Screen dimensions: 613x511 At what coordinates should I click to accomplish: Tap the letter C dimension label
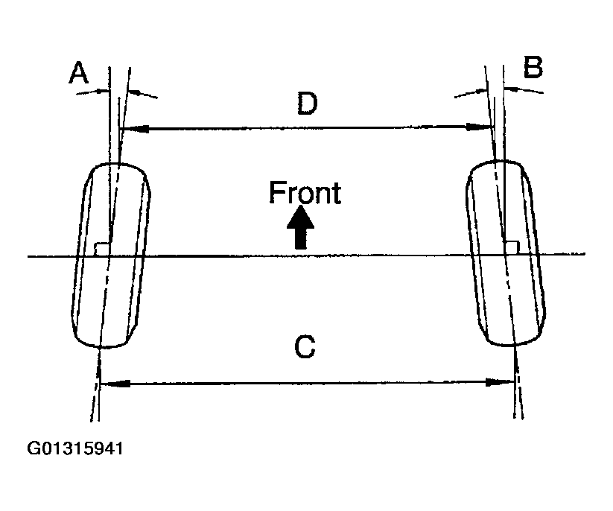click(306, 348)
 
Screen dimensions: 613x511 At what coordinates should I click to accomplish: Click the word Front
click(305, 193)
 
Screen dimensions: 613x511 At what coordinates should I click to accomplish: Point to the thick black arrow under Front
click(301, 227)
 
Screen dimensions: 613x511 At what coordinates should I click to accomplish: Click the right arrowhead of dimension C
click(504, 383)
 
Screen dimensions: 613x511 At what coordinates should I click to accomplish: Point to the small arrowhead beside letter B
click(512, 88)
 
